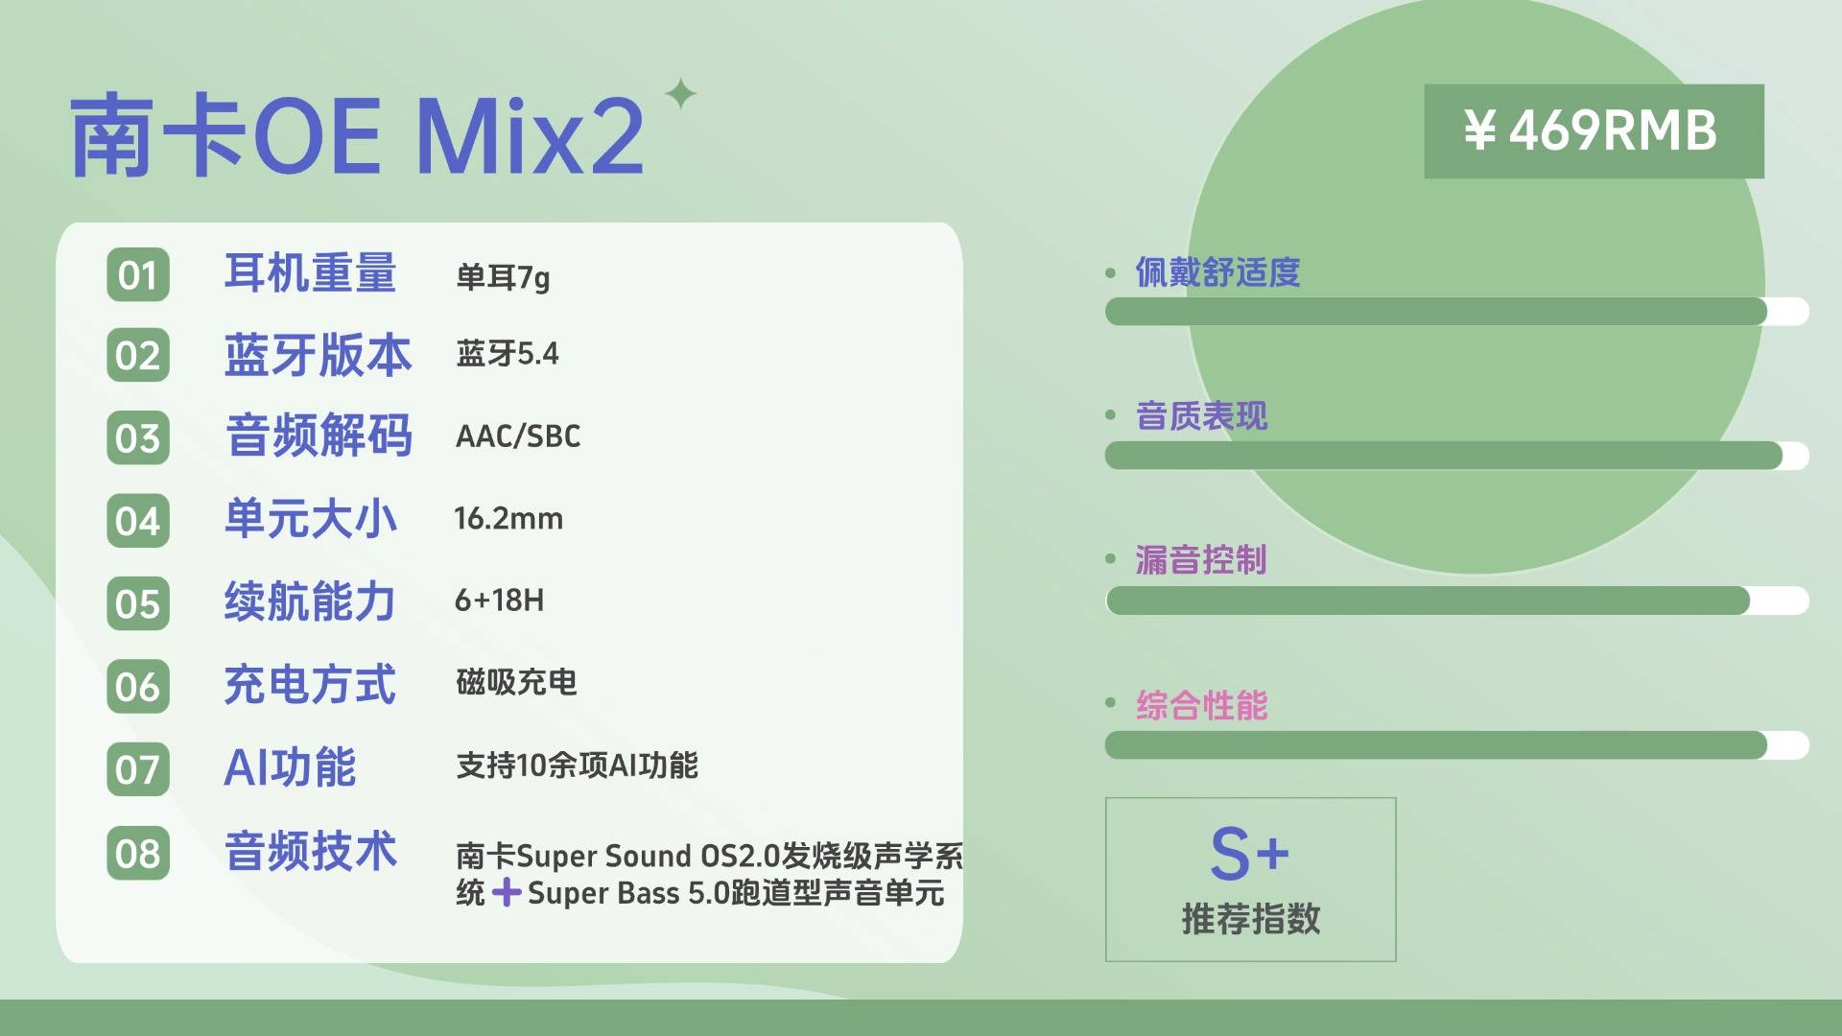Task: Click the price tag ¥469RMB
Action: pos(1594,131)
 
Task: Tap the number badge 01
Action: pos(138,275)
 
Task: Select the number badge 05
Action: pos(138,604)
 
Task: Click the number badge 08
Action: pos(138,854)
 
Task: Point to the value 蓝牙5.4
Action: pos(508,354)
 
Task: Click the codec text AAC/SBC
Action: pos(518,436)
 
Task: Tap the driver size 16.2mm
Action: pos(508,519)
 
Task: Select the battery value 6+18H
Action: pos(499,600)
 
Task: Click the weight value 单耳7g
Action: pos(503,277)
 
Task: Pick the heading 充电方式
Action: pos(310,685)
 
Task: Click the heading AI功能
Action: pos(290,767)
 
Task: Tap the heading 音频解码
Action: pos(319,436)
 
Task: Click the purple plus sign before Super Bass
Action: pos(507,893)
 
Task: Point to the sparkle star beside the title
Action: pos(681,94)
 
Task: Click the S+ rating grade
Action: pos(1249,853)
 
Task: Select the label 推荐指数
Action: pos(1251,919)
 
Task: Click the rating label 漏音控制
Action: pos(1201,559)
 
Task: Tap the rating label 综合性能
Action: pos(1202,705)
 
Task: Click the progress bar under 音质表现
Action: pos(1456,456)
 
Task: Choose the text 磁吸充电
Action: pos(516,682)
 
